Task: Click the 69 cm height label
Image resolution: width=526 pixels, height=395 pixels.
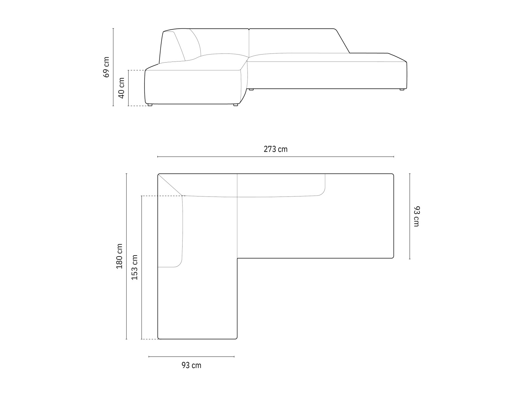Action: pyautogui.click(x=106, y=67)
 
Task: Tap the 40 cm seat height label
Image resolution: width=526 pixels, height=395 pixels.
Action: pyautogui.click(x=121, y=88)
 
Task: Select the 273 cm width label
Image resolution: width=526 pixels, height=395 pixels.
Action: pyautogui.click(x=275, y=149)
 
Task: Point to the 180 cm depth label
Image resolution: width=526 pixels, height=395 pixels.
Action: pyautogui.click(x=119, y=256)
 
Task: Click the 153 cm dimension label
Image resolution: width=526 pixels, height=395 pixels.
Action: pyautogui.click(x=135, y=267)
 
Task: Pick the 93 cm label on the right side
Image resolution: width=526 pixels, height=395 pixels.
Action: pyautogui.click(x=417, y=216)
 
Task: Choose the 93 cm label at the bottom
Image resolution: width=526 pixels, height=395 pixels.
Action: pyautogui.click(x=191, y=365)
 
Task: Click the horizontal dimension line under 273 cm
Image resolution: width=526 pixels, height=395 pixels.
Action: pyautogui.click(x=276, y=157)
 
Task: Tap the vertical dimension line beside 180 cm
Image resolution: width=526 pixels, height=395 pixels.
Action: pyautogui.click(x=127, y=256)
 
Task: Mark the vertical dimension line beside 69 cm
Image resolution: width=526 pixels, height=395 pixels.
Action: pyautogui.click(x=113, y=67)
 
